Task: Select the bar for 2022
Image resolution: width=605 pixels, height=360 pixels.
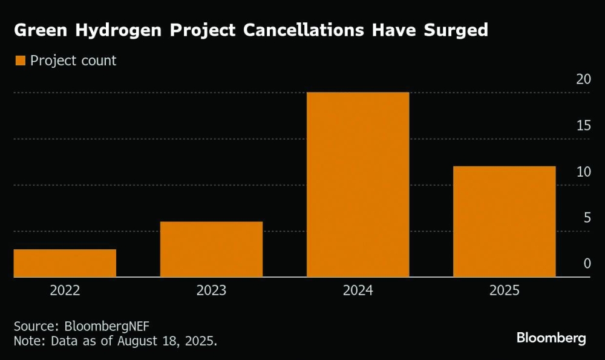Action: (x=65, y=263)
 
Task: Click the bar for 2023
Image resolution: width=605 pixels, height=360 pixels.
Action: (x=211, y=249)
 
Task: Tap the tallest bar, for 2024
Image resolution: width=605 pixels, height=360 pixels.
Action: (x=358, y=185)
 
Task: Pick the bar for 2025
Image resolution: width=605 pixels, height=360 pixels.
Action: (x=504, y=221)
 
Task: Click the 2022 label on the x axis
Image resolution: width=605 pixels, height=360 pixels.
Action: (x=65, y=291)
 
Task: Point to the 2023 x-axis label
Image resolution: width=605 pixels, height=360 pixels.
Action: (x=211, y=291)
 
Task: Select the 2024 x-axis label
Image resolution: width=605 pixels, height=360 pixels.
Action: (x=358, y=291)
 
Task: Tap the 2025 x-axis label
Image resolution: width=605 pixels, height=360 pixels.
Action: (x=504, y=291)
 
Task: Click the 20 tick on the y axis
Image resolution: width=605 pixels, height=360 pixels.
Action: (x=583, y=79)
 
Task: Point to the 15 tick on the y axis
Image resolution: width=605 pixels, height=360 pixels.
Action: (x=583, y=125)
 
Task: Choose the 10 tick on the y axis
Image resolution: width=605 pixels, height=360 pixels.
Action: (x=583, y=172)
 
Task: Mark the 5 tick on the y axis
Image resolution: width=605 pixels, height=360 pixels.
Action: (x=587, y=218)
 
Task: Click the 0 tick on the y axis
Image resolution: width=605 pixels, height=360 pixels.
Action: (x=587, y=264)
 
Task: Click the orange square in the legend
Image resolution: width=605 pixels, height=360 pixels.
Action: (x=20, y=61)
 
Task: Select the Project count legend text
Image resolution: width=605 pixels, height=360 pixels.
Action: (x=73, y=61)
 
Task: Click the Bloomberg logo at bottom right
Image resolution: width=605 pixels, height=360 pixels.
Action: (x=551, y=338)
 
